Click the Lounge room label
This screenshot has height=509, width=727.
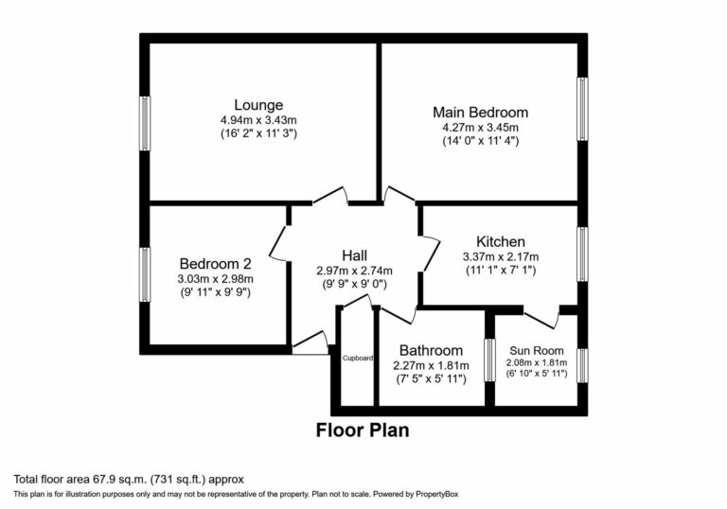click(258, 104)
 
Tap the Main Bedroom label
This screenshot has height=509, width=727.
click(480, 112)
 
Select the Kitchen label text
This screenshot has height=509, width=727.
click(500, 241)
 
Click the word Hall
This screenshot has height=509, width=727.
click(354, 255)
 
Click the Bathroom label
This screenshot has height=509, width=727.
click(431, 350)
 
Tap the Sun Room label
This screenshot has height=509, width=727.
click(536, 348)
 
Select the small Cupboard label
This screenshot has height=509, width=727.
click(358, 359)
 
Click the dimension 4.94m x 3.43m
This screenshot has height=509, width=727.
click(258, 120)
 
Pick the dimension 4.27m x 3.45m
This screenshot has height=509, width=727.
click(480, 127)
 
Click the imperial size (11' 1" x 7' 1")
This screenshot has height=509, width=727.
click(500, 271)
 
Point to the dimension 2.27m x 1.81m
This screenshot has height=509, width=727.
click(431, 364)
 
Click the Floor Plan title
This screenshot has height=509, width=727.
click(362, 430)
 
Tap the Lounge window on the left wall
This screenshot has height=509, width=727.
click(145, 122)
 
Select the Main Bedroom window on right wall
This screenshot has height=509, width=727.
click(583, 109)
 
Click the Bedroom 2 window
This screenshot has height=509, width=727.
click(145, 274)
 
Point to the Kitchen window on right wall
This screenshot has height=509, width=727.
click(583, 254)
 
